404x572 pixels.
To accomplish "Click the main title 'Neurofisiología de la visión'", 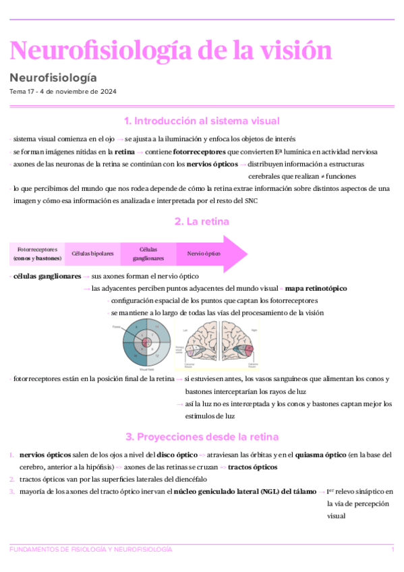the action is [171, 51].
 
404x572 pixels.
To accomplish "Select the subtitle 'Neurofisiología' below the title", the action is [53, 78].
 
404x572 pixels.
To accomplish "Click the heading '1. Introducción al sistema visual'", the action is [202, 121].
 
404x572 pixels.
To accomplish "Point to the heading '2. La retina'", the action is [202, 221].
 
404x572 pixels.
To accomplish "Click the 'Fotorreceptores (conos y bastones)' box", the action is [37, 254].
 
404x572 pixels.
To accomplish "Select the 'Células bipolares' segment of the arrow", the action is [92, 254].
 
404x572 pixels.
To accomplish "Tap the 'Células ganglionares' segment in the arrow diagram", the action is [148, 254].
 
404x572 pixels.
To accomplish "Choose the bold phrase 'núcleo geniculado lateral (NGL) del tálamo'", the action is [246, 492].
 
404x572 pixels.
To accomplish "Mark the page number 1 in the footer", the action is [393, 550].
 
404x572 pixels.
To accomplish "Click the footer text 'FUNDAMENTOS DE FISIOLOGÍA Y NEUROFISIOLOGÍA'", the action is [90, 550].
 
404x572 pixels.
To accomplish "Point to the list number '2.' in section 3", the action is [12, 479].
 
